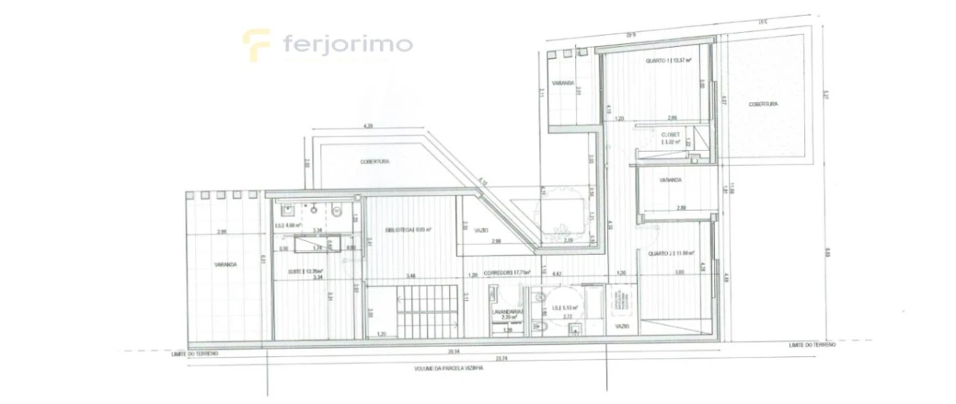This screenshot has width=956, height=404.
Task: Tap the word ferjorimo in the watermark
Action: [347, 43]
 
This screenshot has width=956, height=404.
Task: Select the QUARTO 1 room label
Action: [668, 60]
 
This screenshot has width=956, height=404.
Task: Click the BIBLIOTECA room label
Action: [408, 229]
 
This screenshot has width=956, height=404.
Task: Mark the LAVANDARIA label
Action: [506, 312]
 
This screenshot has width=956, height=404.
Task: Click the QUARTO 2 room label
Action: [668, 254]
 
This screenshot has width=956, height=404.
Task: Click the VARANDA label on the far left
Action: [227, 264]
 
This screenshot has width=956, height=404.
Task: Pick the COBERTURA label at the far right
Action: [763, 105]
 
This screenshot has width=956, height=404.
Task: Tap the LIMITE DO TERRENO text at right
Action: [811, 344]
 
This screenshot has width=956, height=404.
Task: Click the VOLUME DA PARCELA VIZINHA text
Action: [446, 369]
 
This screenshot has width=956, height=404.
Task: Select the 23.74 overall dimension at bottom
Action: [501, 358]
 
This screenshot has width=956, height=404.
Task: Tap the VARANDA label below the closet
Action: [671, 180]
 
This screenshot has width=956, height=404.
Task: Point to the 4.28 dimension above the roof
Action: [368, 125]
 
